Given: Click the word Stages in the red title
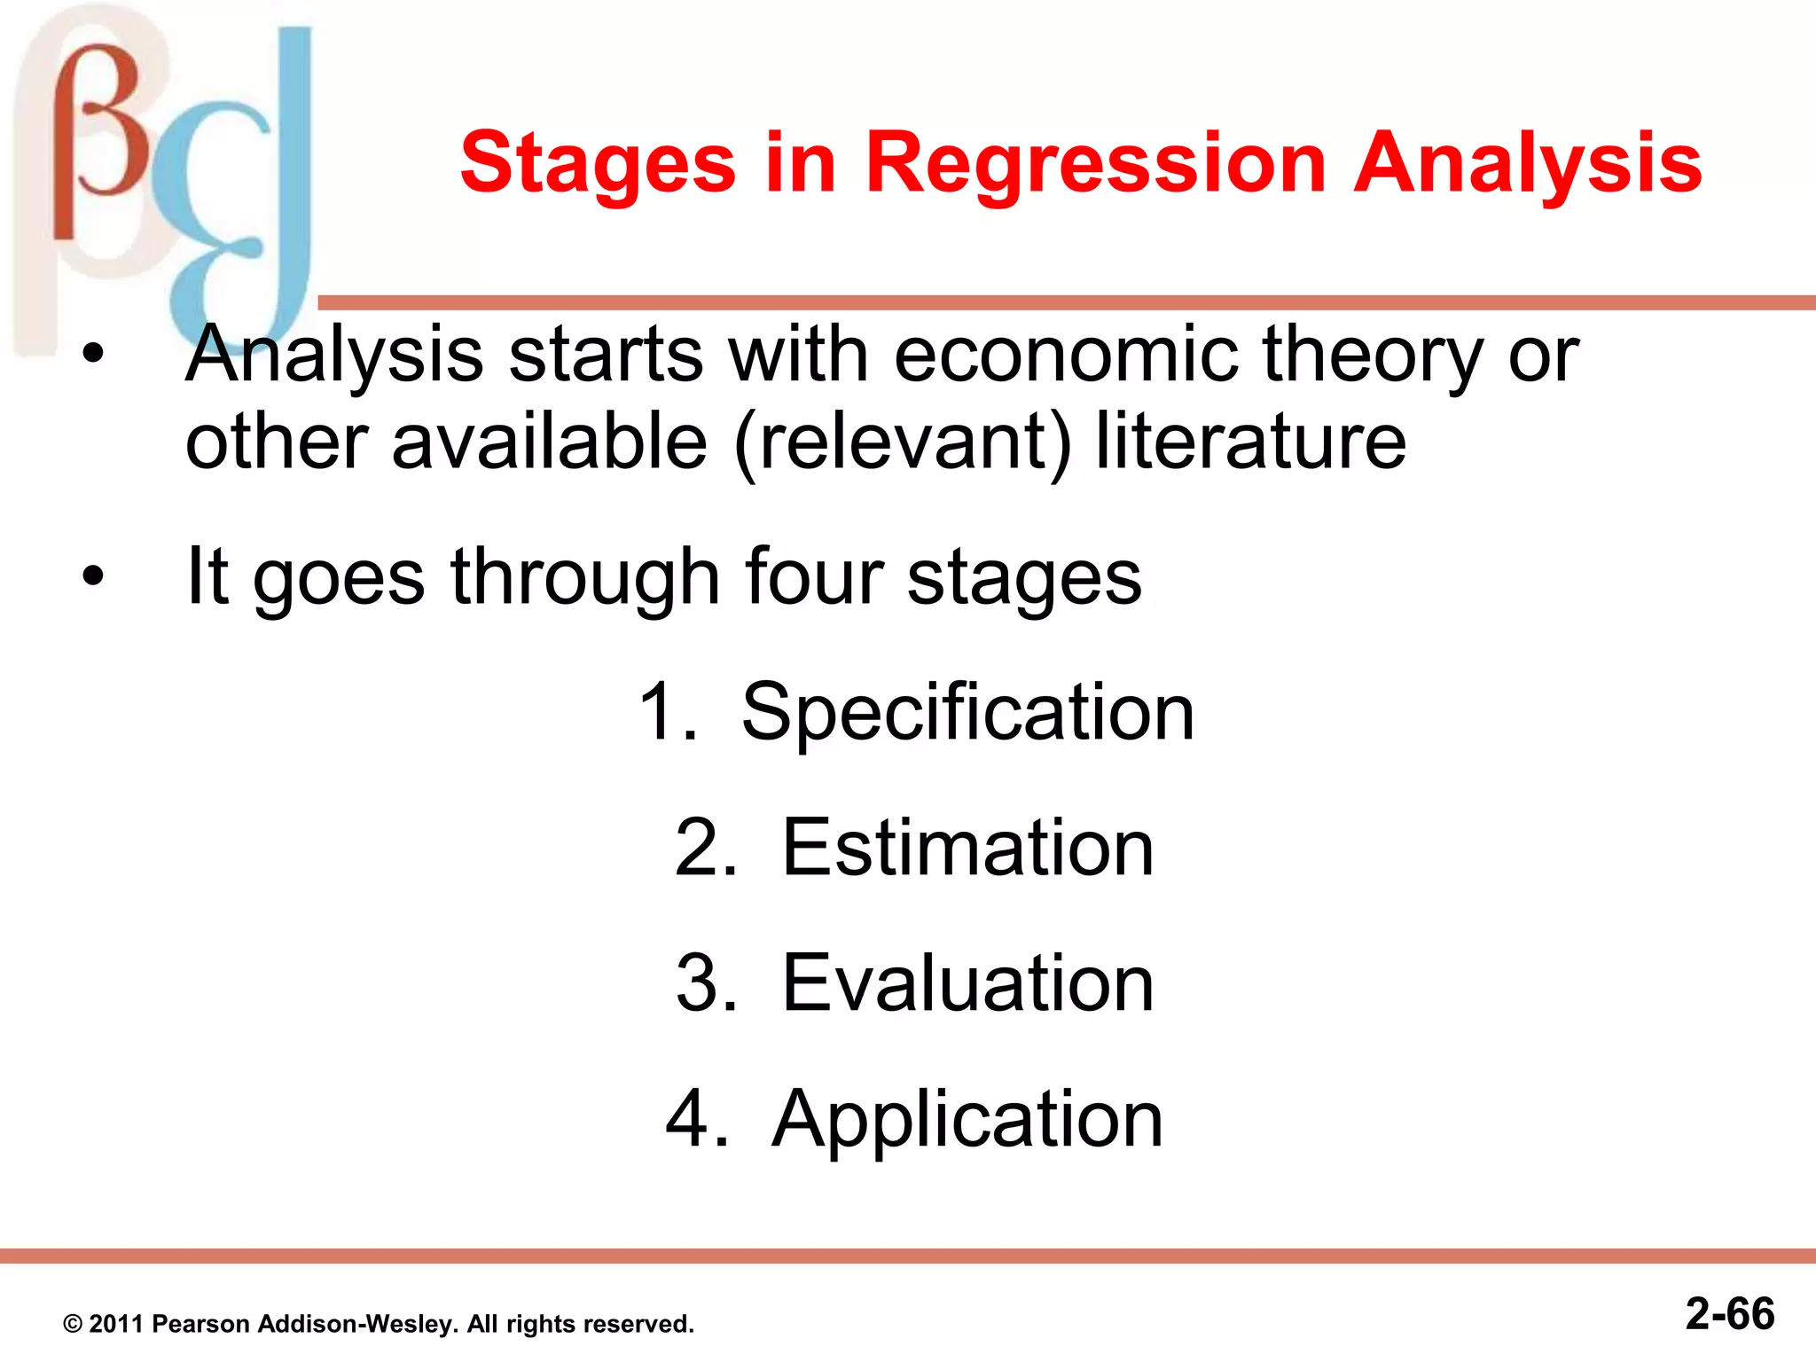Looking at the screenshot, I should click(597, 164).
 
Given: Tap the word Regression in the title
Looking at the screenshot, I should click(1094, 164).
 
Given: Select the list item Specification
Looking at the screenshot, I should click(967, 713).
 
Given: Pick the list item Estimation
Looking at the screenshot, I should click(967, 849).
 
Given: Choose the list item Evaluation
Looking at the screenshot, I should click(967, 983).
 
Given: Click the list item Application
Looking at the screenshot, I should click(967, 1120).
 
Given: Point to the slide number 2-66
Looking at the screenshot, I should click(1729, 1313).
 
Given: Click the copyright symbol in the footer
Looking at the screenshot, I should click(73, 1325).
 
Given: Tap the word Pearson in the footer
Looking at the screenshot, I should click(200, 1324).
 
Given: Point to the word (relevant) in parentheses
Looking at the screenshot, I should click(903, 443).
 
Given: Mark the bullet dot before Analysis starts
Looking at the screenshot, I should click(92, 356).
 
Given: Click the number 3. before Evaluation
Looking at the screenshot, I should click(706, 983).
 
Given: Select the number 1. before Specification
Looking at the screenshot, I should click(667, 713).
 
